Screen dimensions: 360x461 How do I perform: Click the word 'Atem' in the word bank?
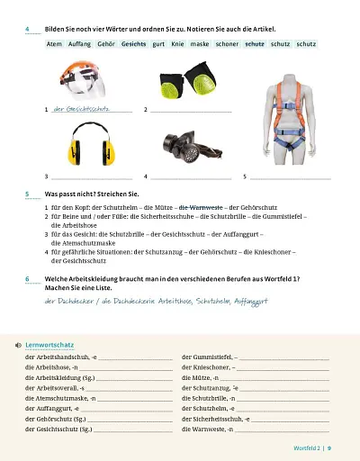coord(53,43)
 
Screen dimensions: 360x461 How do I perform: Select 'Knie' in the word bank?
coord(177,43)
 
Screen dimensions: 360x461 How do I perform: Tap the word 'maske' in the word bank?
coord(199,43)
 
